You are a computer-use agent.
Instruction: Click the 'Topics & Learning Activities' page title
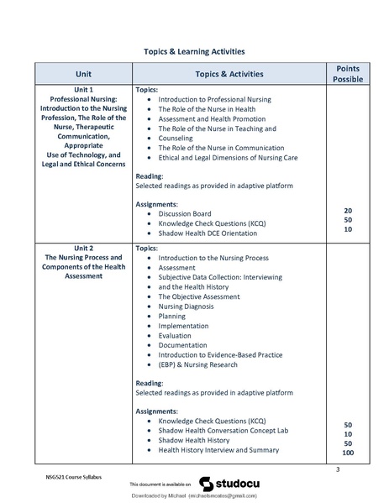coord(194,52)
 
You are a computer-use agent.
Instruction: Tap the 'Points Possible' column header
coord(348,73)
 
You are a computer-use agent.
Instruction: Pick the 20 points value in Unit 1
coord(347,211)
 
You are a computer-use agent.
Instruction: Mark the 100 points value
coord(347,453)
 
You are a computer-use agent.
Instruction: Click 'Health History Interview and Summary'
coord(218,450)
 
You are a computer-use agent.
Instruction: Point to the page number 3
coord(337,469)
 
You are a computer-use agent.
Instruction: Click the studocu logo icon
coord(207,483)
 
